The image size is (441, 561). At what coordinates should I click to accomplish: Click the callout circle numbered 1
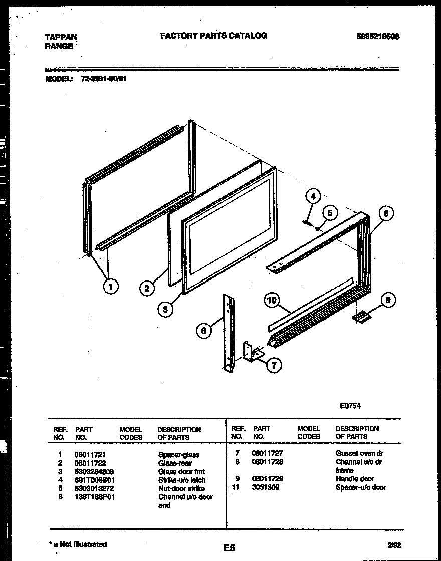[x=111, y=286]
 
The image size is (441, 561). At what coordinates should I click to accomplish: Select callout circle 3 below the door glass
[x=165, y=309]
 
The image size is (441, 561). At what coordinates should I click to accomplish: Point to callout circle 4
[x=313, y=196]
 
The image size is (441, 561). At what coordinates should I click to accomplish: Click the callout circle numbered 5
[x=329, y=212]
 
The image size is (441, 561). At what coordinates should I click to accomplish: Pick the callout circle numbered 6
[x=203, y=331]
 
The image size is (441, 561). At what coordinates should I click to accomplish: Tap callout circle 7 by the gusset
[x=274, y=365]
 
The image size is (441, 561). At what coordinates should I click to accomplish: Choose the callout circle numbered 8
[x=385, y=214]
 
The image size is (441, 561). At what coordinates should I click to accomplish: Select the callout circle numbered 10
[x=272, y=301]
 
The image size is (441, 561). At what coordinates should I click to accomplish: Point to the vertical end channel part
[x=228, y=333]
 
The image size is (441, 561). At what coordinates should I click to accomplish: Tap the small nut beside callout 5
[x=318, y=228]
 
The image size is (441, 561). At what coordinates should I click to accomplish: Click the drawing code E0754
[x=350, y=406]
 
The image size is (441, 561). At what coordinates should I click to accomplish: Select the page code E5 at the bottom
[x=229, y=548]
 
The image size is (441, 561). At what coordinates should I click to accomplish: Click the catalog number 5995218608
[x=377, y=36]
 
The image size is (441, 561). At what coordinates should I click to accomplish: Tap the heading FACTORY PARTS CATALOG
[x=213, y=36]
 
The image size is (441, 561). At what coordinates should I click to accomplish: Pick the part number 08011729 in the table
[x=267, y=479]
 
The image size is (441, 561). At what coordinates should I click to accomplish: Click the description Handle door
[x=355, y=479]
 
